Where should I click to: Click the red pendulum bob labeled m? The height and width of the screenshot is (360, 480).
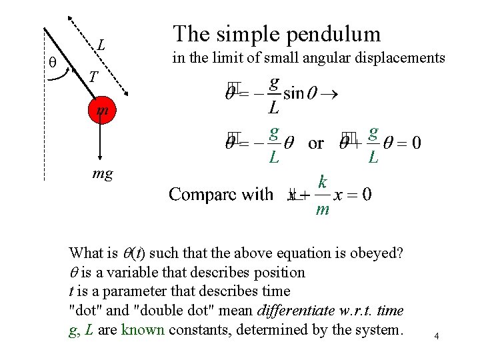(100, 110)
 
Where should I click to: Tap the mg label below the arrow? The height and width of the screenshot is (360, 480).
(102, 175)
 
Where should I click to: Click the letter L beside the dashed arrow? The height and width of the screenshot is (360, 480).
(101, 45)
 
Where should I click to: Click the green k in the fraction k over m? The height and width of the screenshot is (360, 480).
(323, 182)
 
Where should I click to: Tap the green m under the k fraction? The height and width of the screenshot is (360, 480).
(323, 210)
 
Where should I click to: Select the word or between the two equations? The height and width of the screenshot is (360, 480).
(316, 143)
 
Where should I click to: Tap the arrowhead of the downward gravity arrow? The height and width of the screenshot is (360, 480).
(100, 160)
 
